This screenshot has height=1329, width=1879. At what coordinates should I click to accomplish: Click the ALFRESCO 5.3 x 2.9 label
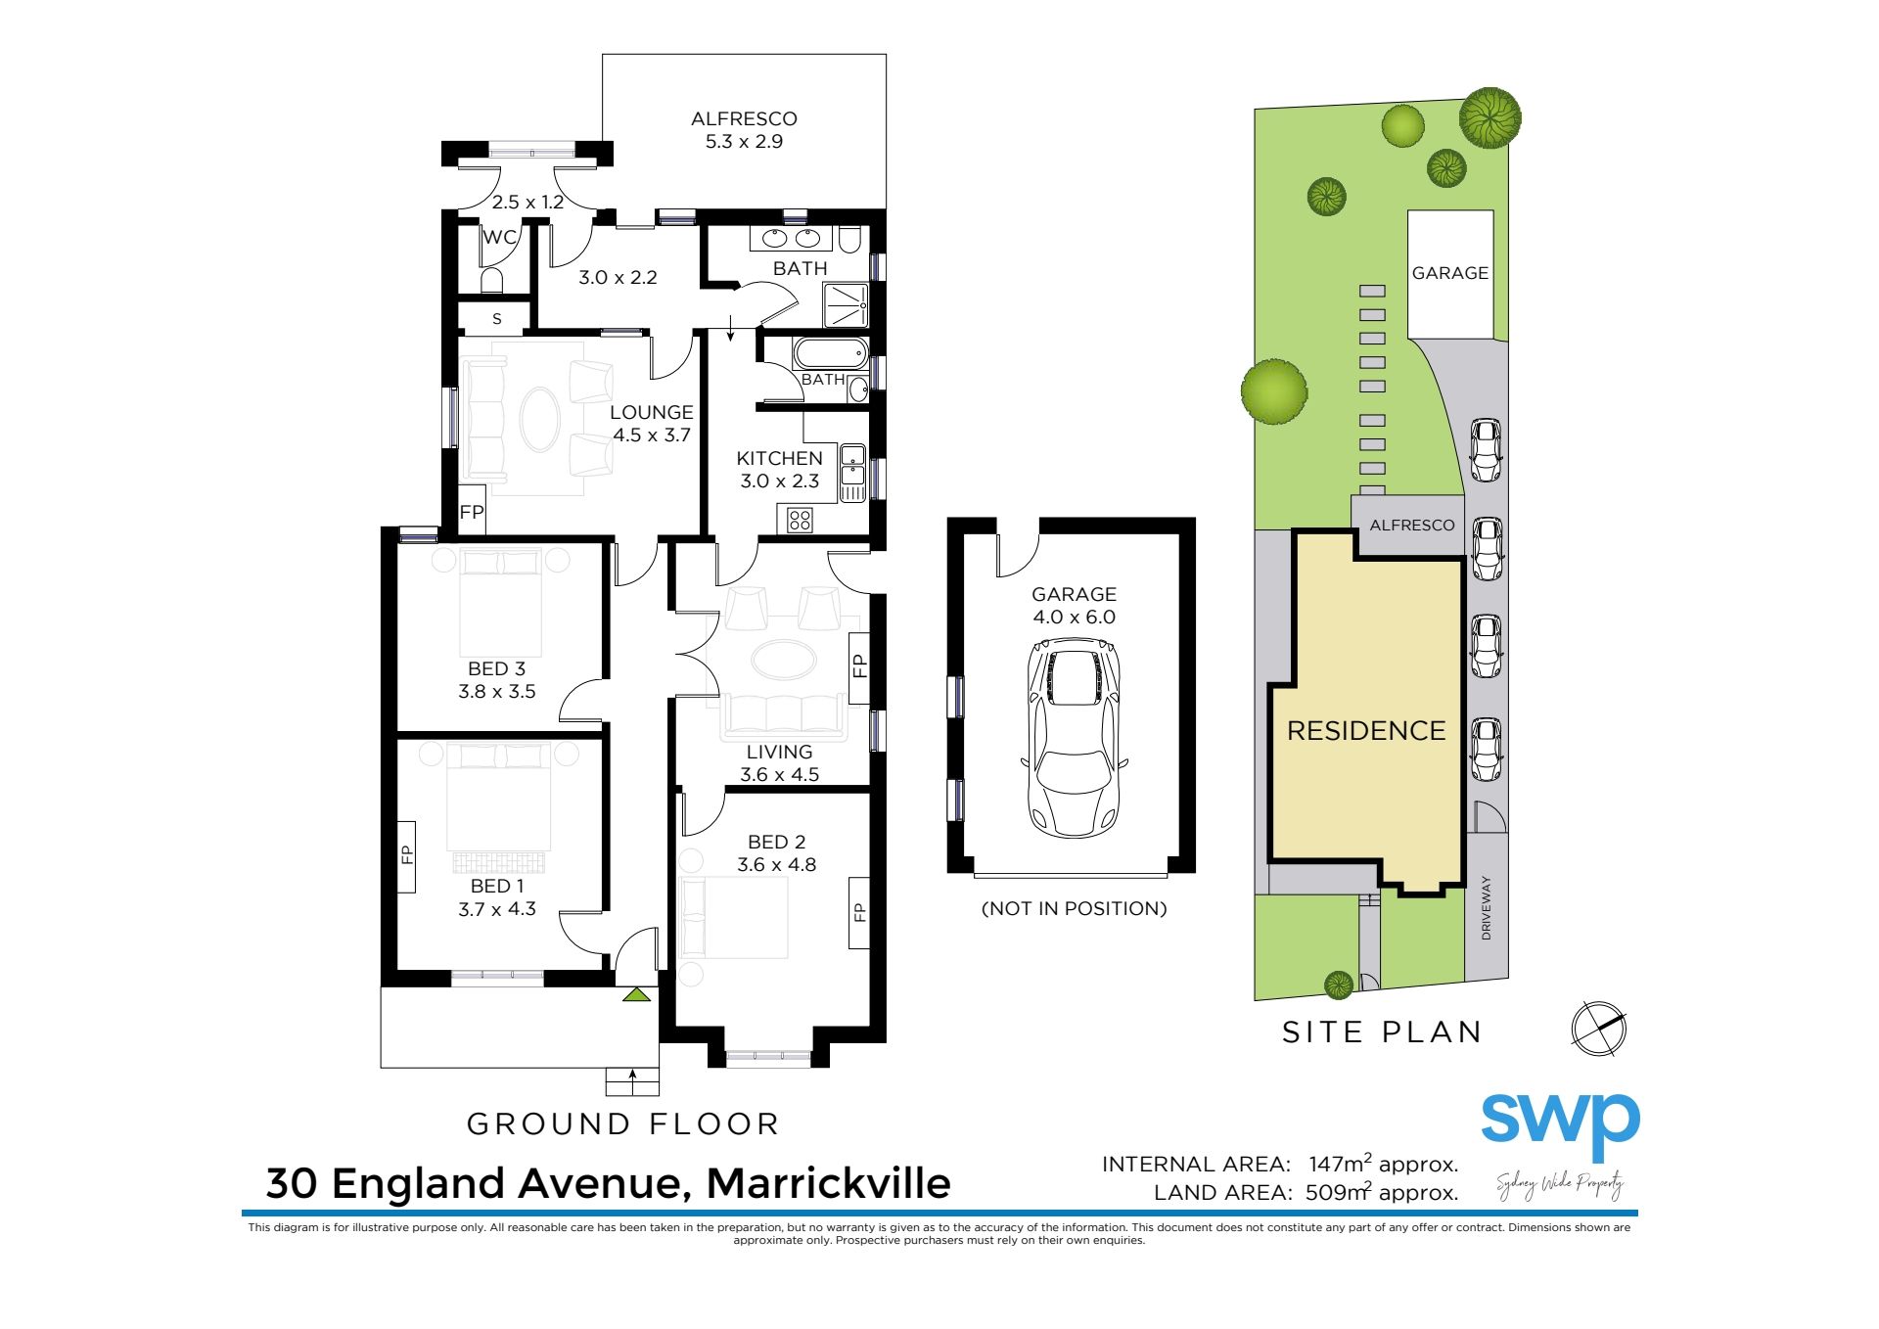tap(744, 130)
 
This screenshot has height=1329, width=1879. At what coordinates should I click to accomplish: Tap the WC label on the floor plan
tap(499, 237)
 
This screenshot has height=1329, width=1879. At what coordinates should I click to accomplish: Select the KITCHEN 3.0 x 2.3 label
tap(779, 470)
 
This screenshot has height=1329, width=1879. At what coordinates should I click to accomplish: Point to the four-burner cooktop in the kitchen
tap(800, 520)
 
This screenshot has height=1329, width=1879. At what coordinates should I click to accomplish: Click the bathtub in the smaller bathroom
tap(830, 353)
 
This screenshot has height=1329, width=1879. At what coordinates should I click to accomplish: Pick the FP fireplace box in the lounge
tap(472, 511)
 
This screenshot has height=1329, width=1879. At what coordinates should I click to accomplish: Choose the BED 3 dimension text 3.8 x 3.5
tap(497, 691)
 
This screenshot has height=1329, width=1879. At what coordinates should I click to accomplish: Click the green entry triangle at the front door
tap(637, 995)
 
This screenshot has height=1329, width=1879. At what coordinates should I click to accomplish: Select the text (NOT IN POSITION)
tap(1074, 908)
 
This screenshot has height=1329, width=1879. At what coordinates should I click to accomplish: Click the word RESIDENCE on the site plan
tap(1366, 731)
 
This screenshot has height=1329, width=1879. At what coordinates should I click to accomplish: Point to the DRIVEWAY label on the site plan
tap(1487, 908)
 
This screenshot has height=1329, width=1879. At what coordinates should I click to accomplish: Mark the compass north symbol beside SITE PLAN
tap(1598, 1029)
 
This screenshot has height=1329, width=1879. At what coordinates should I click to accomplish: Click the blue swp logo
tap(1560, 1125)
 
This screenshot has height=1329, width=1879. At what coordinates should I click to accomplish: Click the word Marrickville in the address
tap(828, 1183)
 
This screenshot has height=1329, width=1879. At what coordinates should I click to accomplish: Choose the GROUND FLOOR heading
tap(622, 1124)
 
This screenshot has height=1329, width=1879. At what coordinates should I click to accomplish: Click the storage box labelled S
tap(496, 318)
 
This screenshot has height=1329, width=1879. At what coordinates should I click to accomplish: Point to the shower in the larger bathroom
tap(846, 305)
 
